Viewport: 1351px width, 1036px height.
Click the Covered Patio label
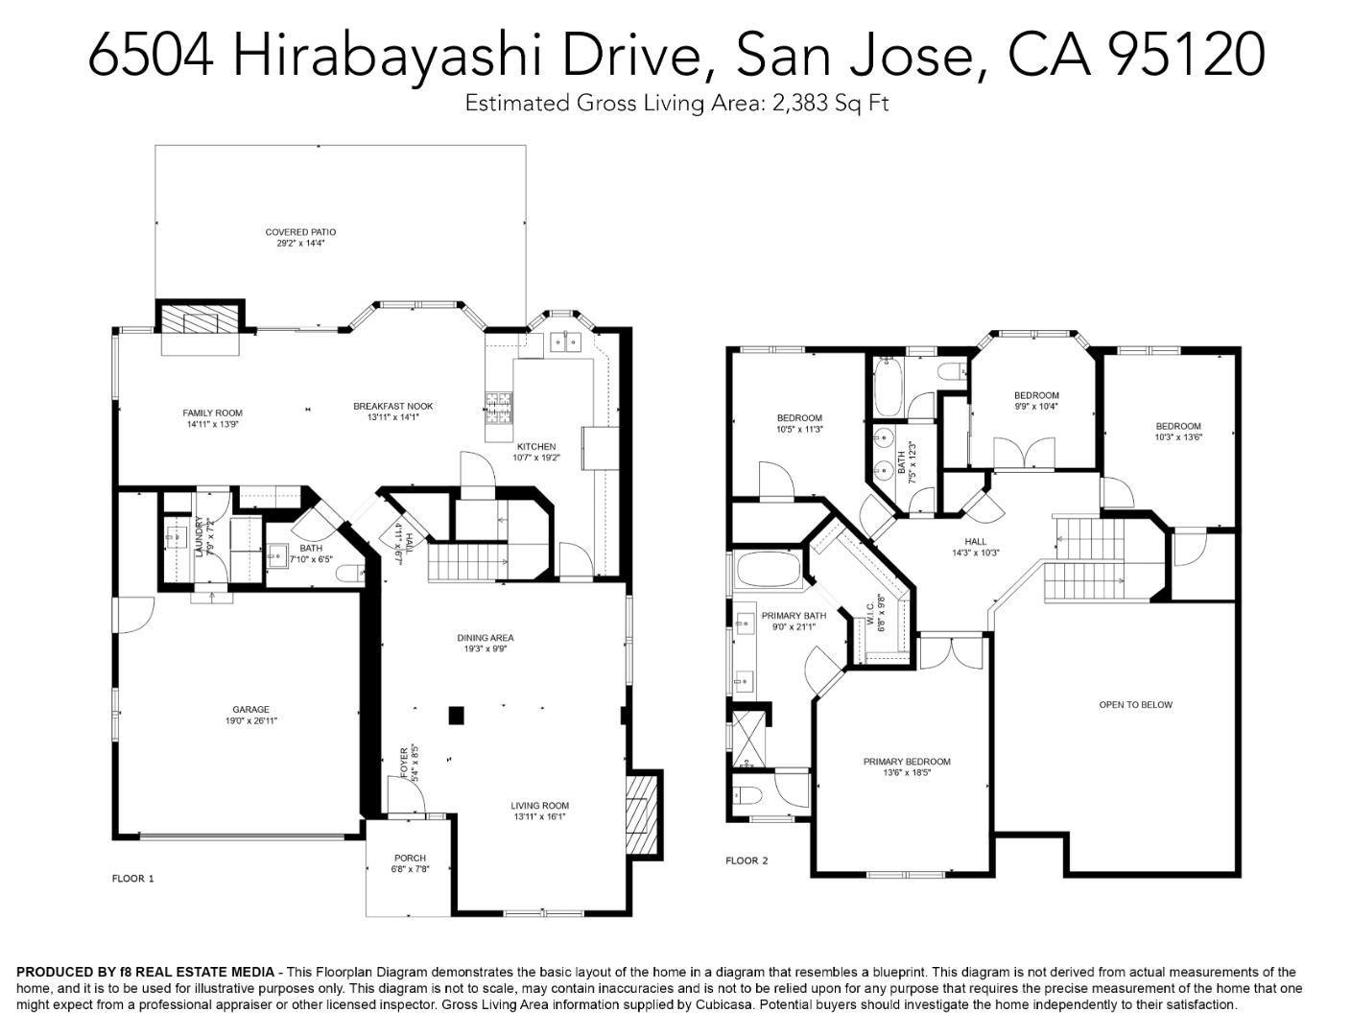tap(300, 232)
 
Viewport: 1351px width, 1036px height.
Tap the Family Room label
tap(212, 413)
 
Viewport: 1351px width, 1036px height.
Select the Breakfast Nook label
tap(392, 406)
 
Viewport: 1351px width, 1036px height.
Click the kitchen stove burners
tap(499, 409)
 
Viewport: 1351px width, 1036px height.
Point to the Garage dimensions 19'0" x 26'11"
tap(250, 721)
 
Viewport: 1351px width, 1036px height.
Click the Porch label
tap(410, 858)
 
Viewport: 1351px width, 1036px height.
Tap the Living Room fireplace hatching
tap(641, 814)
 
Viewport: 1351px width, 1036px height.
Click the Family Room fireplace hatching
tap(200, 318)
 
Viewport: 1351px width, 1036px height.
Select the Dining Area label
tap(485, 638)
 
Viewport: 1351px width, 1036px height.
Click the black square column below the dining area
tap(457, 715)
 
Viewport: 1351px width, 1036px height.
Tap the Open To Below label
tap(1135, 705)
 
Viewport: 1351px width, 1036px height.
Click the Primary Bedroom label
tap(906, 762)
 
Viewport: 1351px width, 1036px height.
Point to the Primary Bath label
tap(794, 616)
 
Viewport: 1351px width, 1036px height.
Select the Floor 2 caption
tap(747, 860)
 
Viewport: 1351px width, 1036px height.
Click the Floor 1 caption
tap(132, 878)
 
